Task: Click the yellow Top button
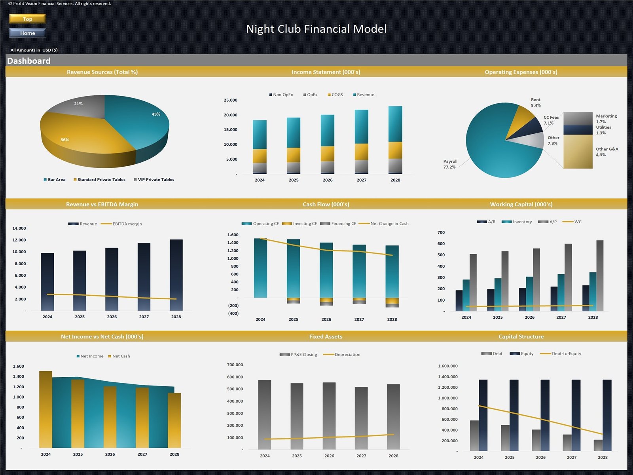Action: [x=27, y=19]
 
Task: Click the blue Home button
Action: [x=27, y=33]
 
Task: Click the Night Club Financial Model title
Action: [x=316, y=29]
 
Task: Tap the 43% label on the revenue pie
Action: [x=156, y=114]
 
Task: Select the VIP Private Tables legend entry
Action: [x=154, y=180]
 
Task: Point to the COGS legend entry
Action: [x=335, y=95]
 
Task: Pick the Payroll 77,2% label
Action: [x=450, y=164]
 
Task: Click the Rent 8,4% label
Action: [x=536, y=103]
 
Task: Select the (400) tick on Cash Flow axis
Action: [x=233, y=313]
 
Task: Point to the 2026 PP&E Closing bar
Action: [x=329, y=416]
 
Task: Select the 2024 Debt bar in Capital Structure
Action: [x=474, y=435]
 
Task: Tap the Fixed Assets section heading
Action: [x=326, y=336]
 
